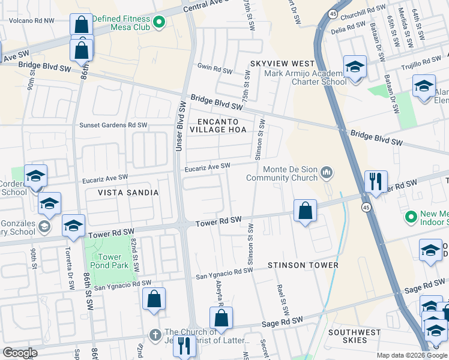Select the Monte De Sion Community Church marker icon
click(x=327, y=173)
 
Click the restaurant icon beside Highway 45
click(x=376, y=181)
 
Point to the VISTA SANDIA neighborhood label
click(x=128, y=193)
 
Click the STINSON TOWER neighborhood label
click(x=303, y=265)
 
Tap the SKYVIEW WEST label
click(x=282, y=64)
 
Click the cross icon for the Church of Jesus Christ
click(x=155, y=333)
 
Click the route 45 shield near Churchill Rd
click(x=333, y=12)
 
